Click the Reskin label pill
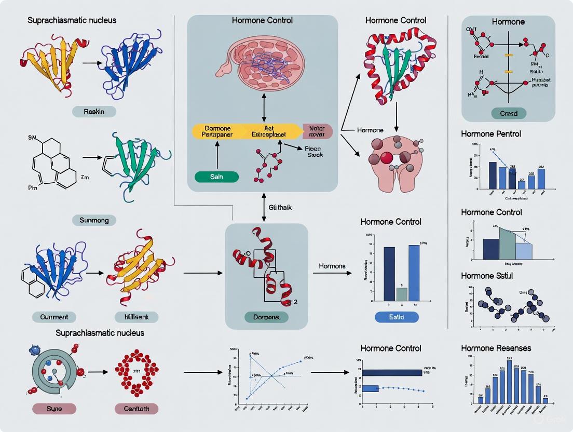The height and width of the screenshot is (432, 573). coord(93,112)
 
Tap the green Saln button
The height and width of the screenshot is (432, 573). coord(216,177)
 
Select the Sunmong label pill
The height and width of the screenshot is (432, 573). coord(93,220)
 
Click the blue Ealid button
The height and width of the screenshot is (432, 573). coord(396,317)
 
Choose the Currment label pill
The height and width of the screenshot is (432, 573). coord(54,317)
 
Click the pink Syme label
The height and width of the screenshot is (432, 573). coord(54,409)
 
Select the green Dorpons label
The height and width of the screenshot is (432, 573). coord(265,317)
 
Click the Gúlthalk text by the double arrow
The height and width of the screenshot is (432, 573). coord(280,207)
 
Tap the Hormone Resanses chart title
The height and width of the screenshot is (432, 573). coord(496,348)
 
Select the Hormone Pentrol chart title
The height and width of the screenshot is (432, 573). coord(490,133)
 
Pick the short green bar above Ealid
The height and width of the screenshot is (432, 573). coord(402,294)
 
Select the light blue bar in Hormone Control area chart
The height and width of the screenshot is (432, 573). coord(523,251)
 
